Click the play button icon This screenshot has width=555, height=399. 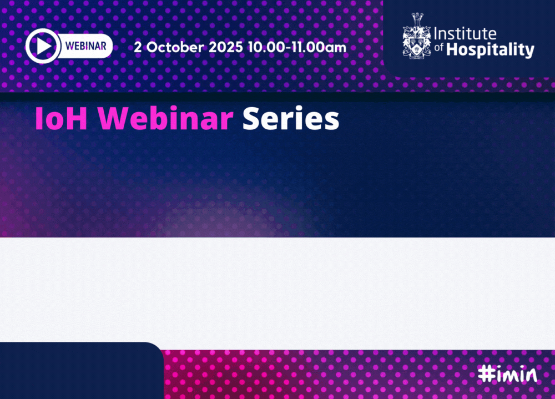coord(43,46)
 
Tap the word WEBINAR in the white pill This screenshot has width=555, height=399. coord(85,46)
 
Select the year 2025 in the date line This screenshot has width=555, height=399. coord(225,47)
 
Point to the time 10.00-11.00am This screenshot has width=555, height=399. coord(297,47)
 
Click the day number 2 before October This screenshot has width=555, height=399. coord(138,47)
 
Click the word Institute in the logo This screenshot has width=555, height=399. coord(465,34)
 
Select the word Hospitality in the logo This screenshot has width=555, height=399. coord(490,49)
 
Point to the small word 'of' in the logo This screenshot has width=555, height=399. coord(439,47)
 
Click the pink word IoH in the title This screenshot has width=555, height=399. coord(61,119)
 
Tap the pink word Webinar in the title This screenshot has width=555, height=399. coord(165,118)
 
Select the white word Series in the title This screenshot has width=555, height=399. coord(291,118)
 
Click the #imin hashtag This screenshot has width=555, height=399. coord(507,373)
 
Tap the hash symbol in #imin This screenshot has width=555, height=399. coord(487,374)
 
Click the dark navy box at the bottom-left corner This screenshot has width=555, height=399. coord(82,370)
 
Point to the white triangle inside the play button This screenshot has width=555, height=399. coord(44,46)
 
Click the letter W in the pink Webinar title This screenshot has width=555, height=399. coord(113,119)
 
